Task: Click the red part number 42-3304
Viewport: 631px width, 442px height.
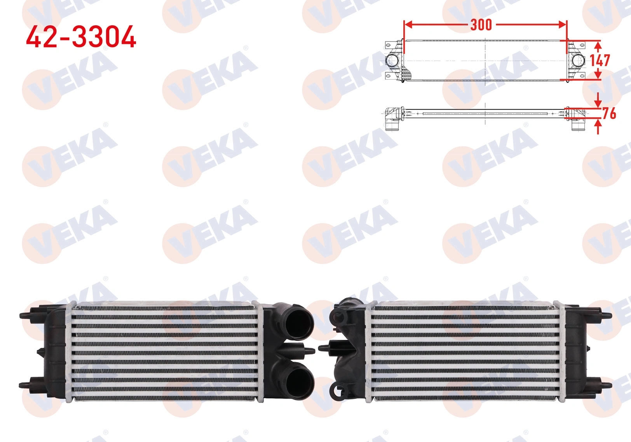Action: pyautogui.click(x=81, y=36)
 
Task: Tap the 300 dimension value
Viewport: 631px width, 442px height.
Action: pyautogui.click(x=481, y=25)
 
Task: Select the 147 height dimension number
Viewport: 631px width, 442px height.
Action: pyautogui.click(x=600, y=60)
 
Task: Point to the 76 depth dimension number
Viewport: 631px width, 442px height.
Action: pyautogui.click(x=609, y=113)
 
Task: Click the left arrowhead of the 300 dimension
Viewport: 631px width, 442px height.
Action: pyautogui.click(x=408, y=24)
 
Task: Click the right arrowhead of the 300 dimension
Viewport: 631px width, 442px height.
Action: pyautogui.click(x=562, y=24)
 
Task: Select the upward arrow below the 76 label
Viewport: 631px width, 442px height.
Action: pyautogui.click(x=598, y=127)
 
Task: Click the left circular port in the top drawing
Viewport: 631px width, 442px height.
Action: pyautogui.click(x=392, y=61)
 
